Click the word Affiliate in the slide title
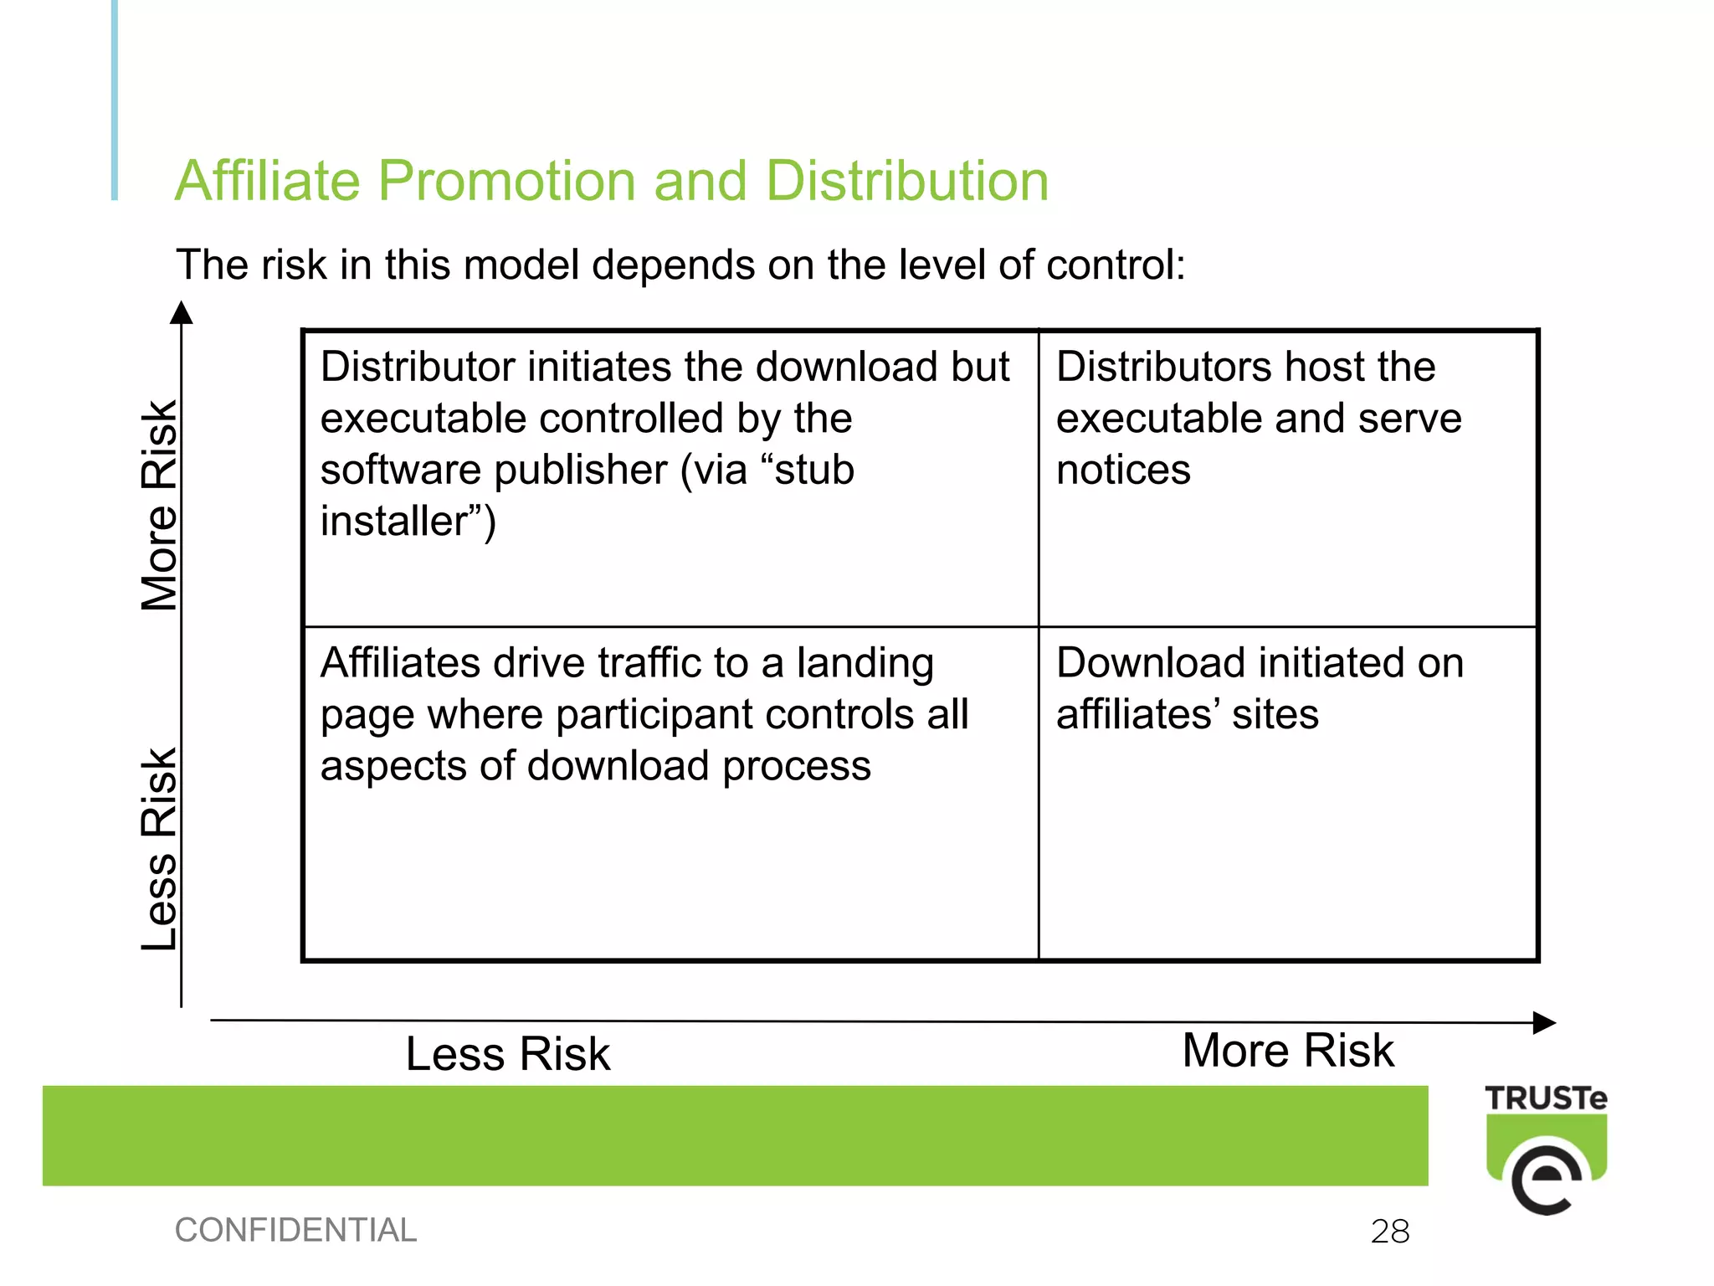(267, 181)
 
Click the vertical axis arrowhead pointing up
(182, 313)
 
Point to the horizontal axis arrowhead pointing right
(1544, 1022)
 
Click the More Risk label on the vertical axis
(159, 506)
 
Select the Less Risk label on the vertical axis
(159, 848)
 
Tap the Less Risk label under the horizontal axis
(508, 1053)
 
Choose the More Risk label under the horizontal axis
(1288, 1050)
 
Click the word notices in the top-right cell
(1123, 470)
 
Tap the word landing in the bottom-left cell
(865, 663)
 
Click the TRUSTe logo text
(1546, 1098)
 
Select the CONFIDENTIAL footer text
(295, 1230)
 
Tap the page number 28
(1390, 1232)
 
